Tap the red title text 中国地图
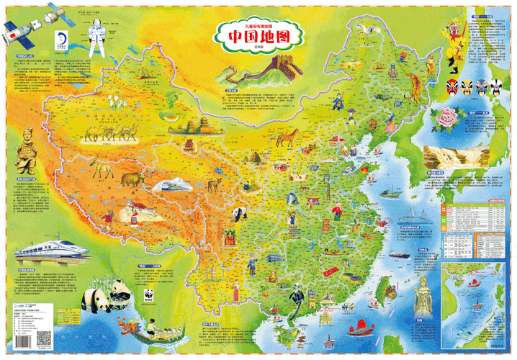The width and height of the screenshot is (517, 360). pos(258,36)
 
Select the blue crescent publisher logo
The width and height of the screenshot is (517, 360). pos(60,35)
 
